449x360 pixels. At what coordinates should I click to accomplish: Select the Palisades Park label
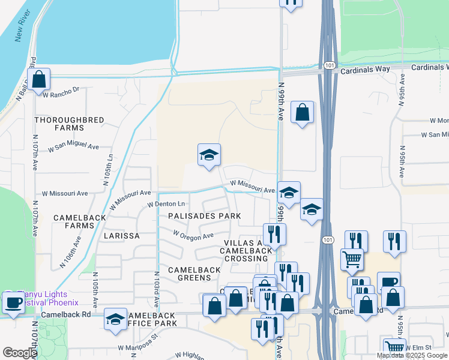coord(204,216)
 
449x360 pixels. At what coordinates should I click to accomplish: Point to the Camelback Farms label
coord(74,221)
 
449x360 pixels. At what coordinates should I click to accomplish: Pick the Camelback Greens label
coord(194,275)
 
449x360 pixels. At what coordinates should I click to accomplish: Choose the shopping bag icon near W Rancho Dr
coord(38,79)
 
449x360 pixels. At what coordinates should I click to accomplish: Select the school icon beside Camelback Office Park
coord(115,319)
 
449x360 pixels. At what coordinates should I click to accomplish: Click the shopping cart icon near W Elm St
coord(394,347)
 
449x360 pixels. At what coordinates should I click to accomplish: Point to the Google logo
coord(20,353)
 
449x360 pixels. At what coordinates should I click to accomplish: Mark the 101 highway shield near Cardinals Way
coord(328,64)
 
